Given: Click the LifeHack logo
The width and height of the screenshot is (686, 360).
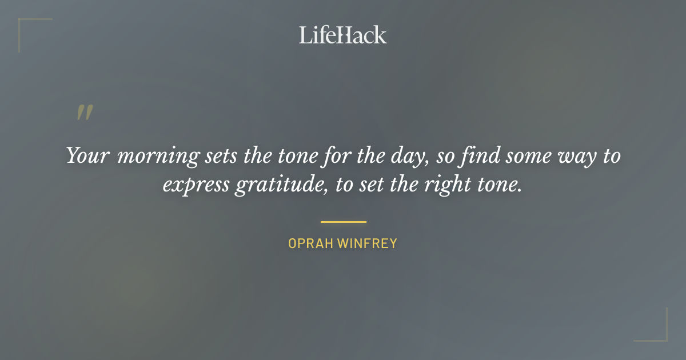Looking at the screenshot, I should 343,35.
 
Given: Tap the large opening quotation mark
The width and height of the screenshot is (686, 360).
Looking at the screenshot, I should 85,113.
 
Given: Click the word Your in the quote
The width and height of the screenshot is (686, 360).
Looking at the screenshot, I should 87,156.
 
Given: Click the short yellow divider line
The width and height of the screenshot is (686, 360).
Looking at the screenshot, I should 343,222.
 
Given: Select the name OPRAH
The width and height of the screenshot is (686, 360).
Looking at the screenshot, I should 310,243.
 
